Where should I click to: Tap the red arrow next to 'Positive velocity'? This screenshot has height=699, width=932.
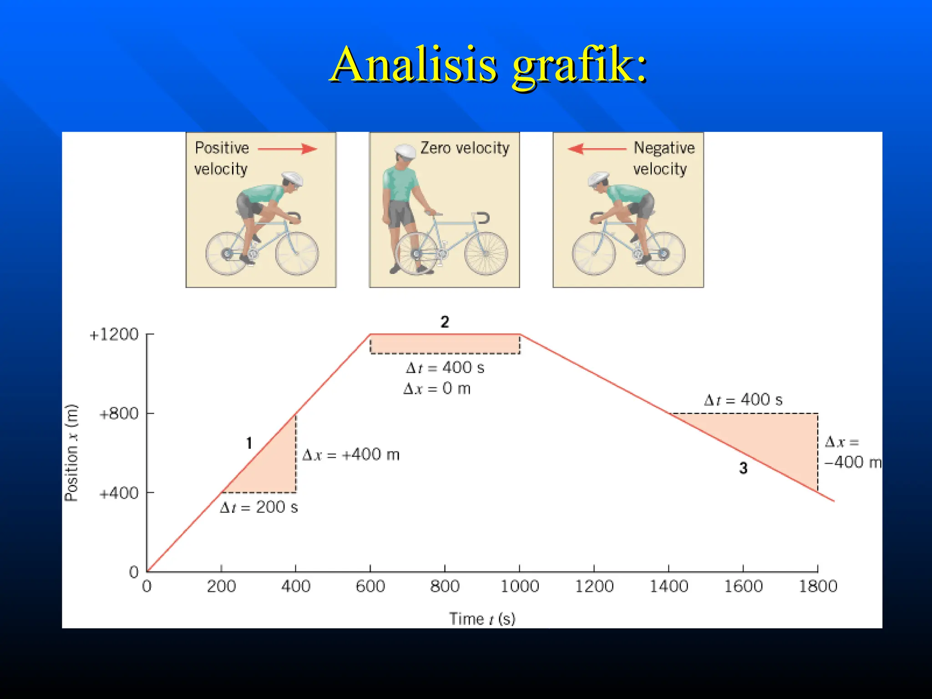pos(288,149)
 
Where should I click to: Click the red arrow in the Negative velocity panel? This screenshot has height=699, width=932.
pos(597,149)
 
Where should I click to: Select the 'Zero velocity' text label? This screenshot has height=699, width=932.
pos(465,148)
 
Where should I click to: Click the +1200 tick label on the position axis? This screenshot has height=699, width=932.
pos(114,334)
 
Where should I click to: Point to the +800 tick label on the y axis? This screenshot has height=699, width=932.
pos(119,414)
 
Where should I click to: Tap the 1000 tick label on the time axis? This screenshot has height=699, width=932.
pos(519,586)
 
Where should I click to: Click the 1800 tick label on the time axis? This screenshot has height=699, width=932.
pos(818,586)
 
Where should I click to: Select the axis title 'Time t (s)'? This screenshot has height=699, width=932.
pos(482,619)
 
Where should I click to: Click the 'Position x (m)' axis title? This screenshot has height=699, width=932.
pos(71,453)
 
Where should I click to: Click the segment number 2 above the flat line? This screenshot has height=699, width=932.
pos(445,322)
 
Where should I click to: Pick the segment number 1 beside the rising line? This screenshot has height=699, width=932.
pos(249,443)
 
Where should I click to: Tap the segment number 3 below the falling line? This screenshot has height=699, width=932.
pos(743,468)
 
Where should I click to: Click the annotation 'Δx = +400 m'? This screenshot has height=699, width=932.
pos(351,455)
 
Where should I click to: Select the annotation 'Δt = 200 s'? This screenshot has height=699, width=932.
pos(258,507)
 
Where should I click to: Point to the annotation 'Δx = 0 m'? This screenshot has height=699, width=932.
pos(437,389)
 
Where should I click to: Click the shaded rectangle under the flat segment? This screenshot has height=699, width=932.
pos(445,344)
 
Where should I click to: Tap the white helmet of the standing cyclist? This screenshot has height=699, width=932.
pos(405,151)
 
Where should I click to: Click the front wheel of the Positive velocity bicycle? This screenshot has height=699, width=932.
pos(297,253)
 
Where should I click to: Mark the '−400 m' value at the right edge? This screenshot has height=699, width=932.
pos(852,462)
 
